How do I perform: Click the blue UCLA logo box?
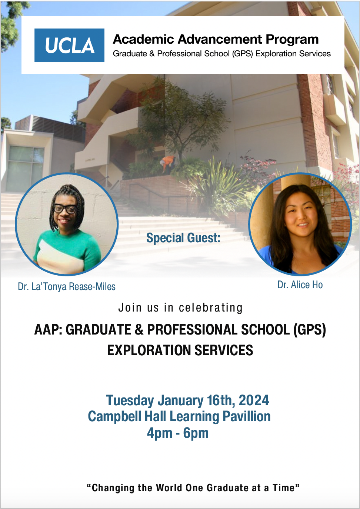coord(69,45)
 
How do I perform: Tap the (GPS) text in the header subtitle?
coord(242,54)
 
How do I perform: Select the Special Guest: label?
coord(183,238)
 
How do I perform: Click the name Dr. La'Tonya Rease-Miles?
coord(67,286)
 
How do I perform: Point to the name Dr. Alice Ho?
coord(300,285)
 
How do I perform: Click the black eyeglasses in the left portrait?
coord(65,209)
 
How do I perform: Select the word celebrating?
coord(210,308)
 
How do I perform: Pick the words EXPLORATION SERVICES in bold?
coord(180,350)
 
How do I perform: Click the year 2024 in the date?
coord(254,400)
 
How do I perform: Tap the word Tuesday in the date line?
coord(130,400)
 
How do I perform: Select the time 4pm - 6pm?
coord(178,433)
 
